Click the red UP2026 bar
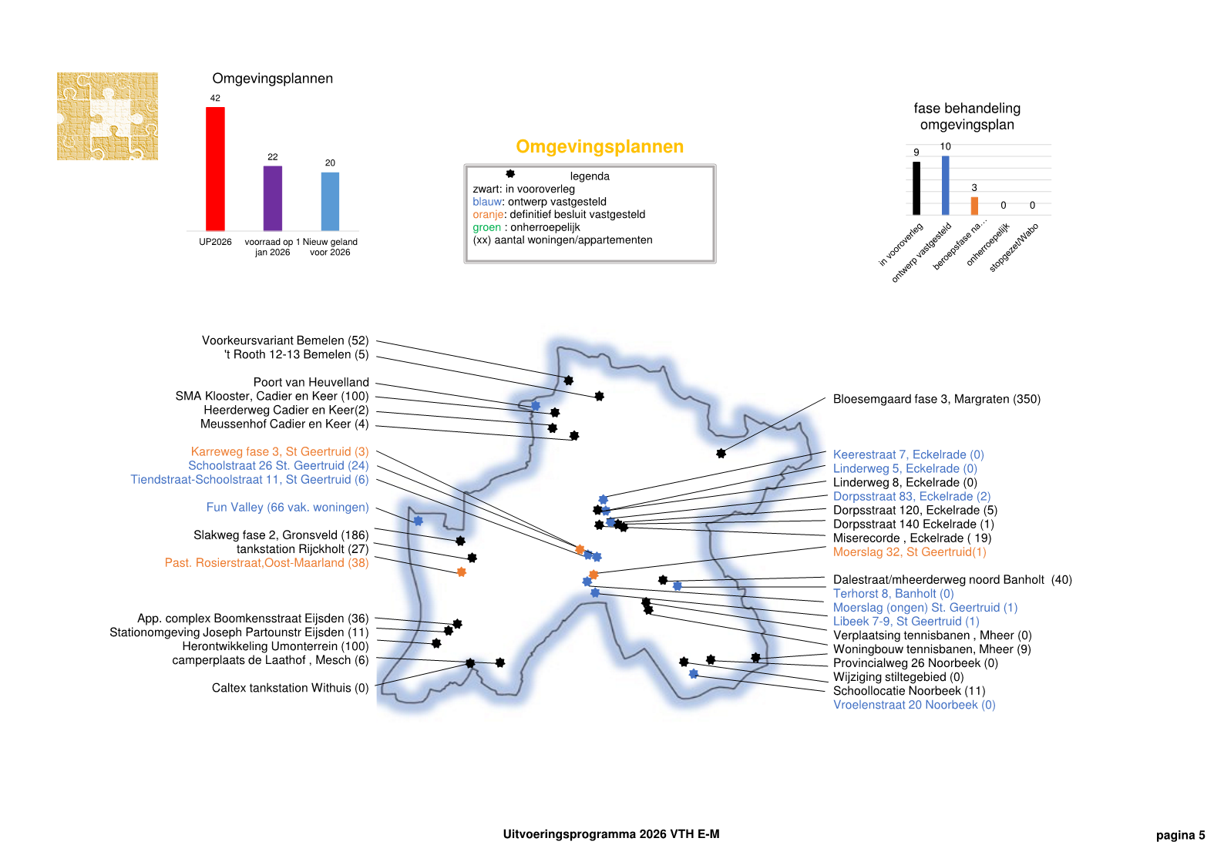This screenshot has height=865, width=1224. pos(215,169)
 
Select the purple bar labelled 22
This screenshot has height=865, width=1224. pos(273,198)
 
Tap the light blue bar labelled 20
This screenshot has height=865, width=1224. pos(330,201)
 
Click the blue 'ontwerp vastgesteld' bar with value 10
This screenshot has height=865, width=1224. pos(946,185)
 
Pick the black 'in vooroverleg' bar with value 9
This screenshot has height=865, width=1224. pos(916,188)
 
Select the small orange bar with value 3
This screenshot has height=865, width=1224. pos(974,206)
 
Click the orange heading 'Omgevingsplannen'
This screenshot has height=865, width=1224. pos(600,146)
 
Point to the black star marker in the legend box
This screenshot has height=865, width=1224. pos(510,174)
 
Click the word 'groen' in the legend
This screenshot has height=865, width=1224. pos(486,227)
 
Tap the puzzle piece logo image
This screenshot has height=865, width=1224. pos(108,116)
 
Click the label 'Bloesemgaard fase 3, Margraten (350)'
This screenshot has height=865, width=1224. pos(936,399)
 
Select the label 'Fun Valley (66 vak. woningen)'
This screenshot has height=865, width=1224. pos(288,507)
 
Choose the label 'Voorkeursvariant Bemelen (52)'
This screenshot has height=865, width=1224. pos(285,340)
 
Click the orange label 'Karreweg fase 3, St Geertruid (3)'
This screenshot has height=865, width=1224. pos(280,451)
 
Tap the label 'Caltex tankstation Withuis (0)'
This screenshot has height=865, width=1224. pos(290,688)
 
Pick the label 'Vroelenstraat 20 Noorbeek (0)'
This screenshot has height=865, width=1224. pos(914,705)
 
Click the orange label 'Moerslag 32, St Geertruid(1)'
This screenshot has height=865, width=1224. pos(910,552)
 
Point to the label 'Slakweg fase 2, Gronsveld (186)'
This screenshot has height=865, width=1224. pos(281,535)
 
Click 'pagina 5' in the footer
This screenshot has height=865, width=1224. pos(1180,835)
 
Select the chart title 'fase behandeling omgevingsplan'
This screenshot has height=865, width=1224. pos(967,116)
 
